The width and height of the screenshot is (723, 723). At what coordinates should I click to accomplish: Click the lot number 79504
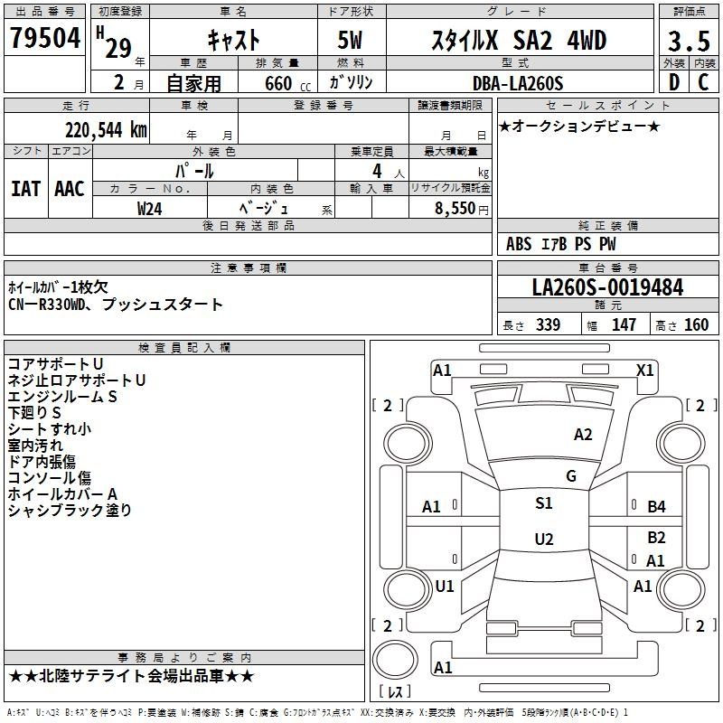(45, 38)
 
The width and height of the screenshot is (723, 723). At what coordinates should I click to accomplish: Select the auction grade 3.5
(689, 41)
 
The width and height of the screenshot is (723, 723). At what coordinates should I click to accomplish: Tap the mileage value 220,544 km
(106, 130)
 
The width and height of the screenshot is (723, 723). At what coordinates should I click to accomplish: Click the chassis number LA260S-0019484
(607, 287)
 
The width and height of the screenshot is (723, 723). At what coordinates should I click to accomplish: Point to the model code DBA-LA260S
(518, 83)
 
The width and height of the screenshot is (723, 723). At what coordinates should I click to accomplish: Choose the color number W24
(149, 209)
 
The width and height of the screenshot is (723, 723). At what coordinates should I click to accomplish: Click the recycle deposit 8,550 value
(455, 209)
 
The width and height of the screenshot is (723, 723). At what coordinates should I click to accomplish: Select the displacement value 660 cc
(287, 84)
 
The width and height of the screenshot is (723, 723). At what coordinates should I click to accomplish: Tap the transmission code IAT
(25, 189)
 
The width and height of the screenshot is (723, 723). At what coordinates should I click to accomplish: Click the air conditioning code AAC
(70, 189)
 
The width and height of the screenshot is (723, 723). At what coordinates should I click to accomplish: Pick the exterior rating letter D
(674, 82)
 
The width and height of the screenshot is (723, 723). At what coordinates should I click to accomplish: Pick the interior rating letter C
(703, 82)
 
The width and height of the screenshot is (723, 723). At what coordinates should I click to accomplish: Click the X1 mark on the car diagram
(644, 371)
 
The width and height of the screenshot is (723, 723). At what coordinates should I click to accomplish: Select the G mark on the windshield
(571, 476)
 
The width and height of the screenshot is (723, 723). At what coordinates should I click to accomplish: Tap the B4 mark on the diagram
(657, 507)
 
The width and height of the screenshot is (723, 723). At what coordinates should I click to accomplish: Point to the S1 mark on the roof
(544, 503)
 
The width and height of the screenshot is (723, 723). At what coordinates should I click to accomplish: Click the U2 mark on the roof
(544, 539)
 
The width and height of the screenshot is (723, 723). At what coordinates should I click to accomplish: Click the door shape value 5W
(350, 40)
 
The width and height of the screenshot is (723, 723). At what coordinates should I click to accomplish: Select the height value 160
(696, 325)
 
